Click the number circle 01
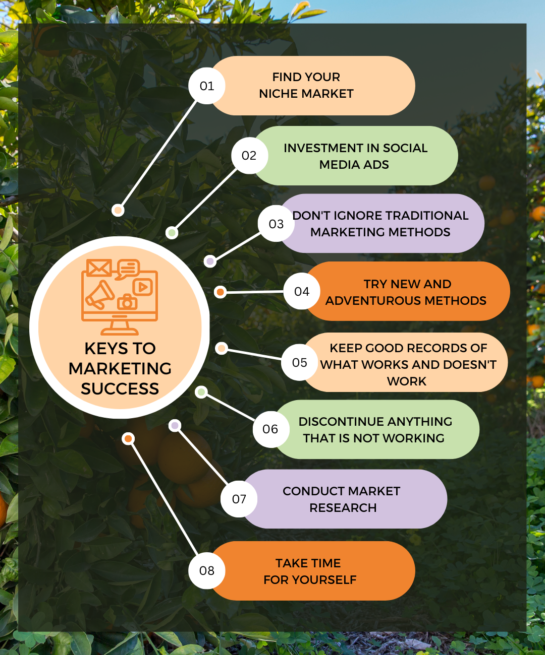coord(207,86)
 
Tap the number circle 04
coord(302,292)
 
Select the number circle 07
coord(239,499)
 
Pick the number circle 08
coord(207,570)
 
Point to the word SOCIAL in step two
coord(405,148)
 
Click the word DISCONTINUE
coord(341,422)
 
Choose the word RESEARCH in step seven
coord(343,508)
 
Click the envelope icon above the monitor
coord(99,268)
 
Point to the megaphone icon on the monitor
coord(100,294)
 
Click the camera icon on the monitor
coord(127,302)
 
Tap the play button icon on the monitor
coord(143,287)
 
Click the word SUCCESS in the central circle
coord(120,389)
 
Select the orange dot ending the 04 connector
coord(220,292)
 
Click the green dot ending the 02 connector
coord(172,233)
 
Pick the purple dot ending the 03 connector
coord(210,261)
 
